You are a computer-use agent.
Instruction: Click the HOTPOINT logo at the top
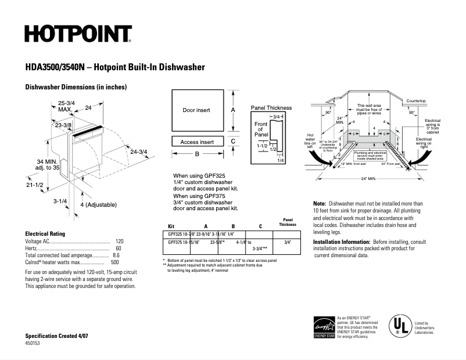pyautogui.click(x=78, y=34)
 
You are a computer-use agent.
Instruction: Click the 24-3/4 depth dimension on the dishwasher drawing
pyautogui.click(x=138, y=152)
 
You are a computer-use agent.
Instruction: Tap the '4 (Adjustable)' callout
pyautogui.click(x=98, y=205)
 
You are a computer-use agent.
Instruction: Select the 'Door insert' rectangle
pyautogui.click(x=196, y=110)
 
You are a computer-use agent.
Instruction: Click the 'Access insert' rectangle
pyautogui.click(x=197, y=142)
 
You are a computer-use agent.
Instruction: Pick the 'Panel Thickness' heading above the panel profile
pyautogui.click(x=271, y=108)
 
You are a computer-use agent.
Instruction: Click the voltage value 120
pyautogui.click(x=120, y=241)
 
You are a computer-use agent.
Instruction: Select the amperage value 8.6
pyautogui.click(x=116, y=255)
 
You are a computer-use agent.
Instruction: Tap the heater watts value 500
pyautogui.click(x=115, y=262)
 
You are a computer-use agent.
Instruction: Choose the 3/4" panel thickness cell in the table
pyautogui.click(x=286, y=242)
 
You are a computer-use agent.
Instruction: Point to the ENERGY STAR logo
pyautogui.click(x=324, y=327)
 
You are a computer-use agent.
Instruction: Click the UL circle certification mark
pyautogui.click(x=397, y=326)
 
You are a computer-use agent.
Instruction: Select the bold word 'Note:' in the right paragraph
pyautogui.click(x=320, y=204)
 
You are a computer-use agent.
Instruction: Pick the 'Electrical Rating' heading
pyautogui.click(x=48, y=233)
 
